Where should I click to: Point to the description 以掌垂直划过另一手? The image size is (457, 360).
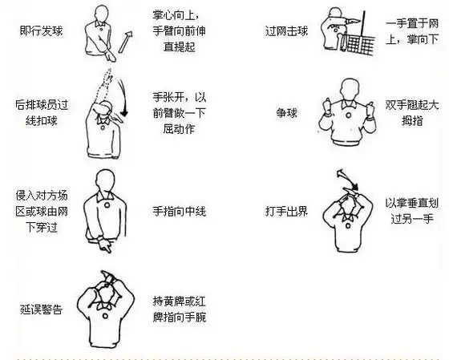[x=410, y=211]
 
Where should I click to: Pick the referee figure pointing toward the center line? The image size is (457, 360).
[x=105, y=211]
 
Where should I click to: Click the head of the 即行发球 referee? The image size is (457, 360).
[x=101, y=14]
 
